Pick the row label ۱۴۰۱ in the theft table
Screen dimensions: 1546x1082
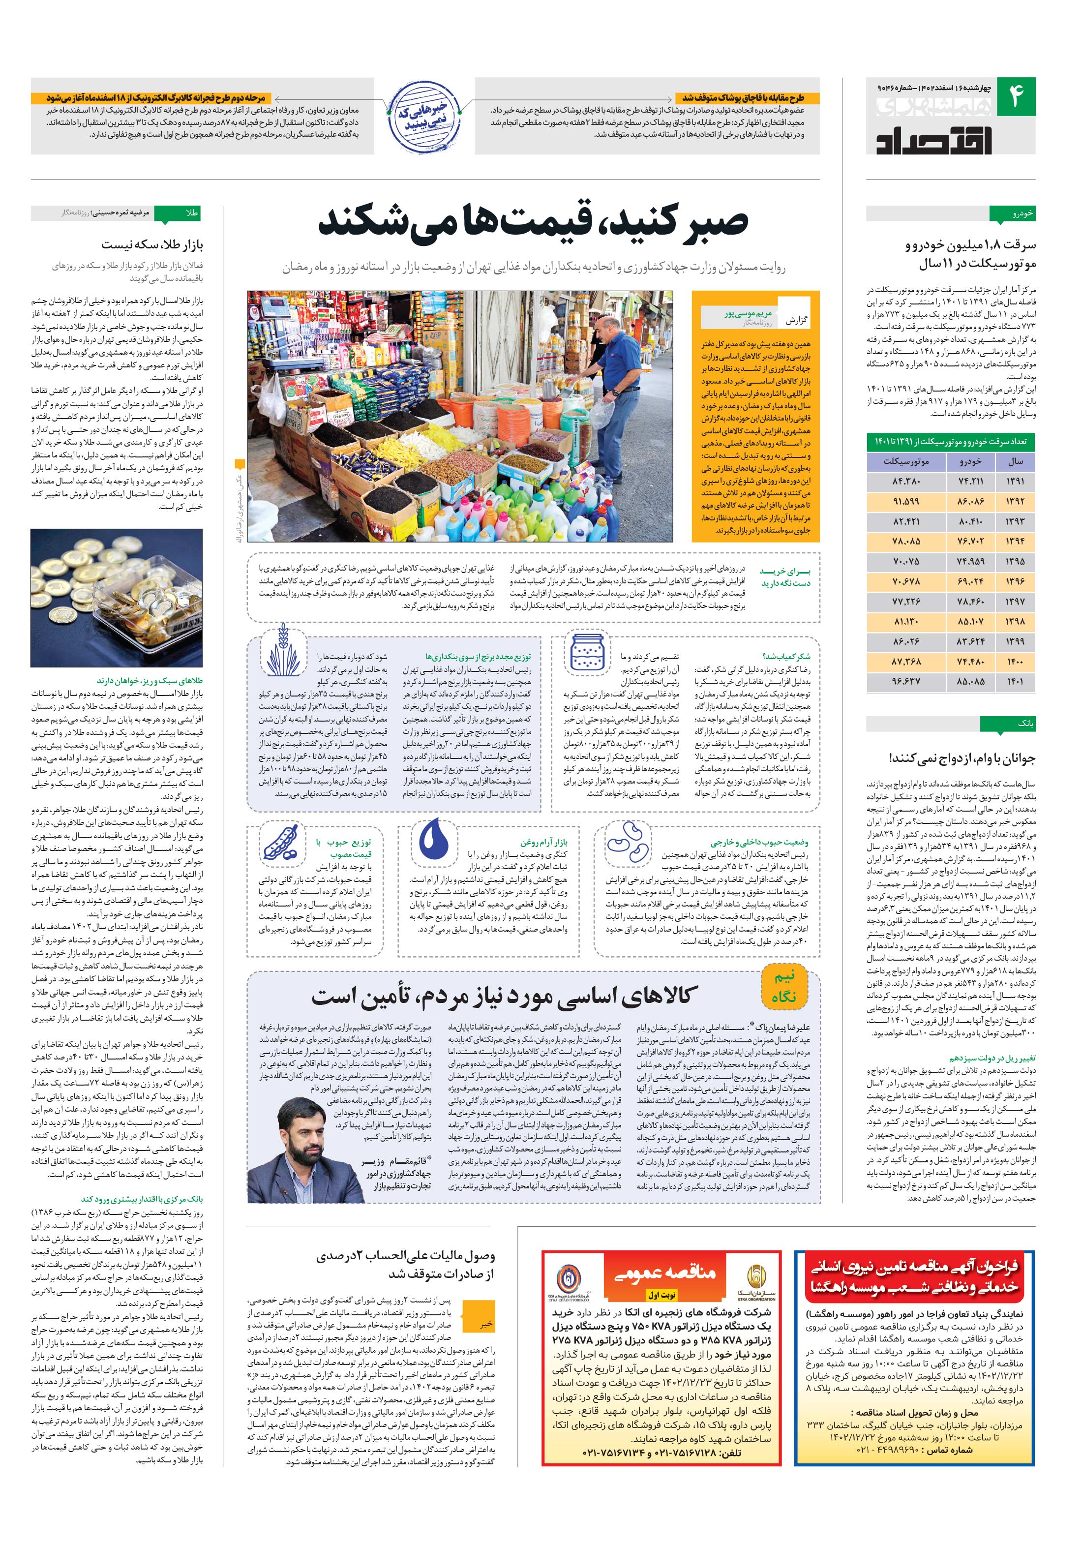click(1015, 681)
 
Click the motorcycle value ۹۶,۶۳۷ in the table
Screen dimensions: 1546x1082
click(906, 681)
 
